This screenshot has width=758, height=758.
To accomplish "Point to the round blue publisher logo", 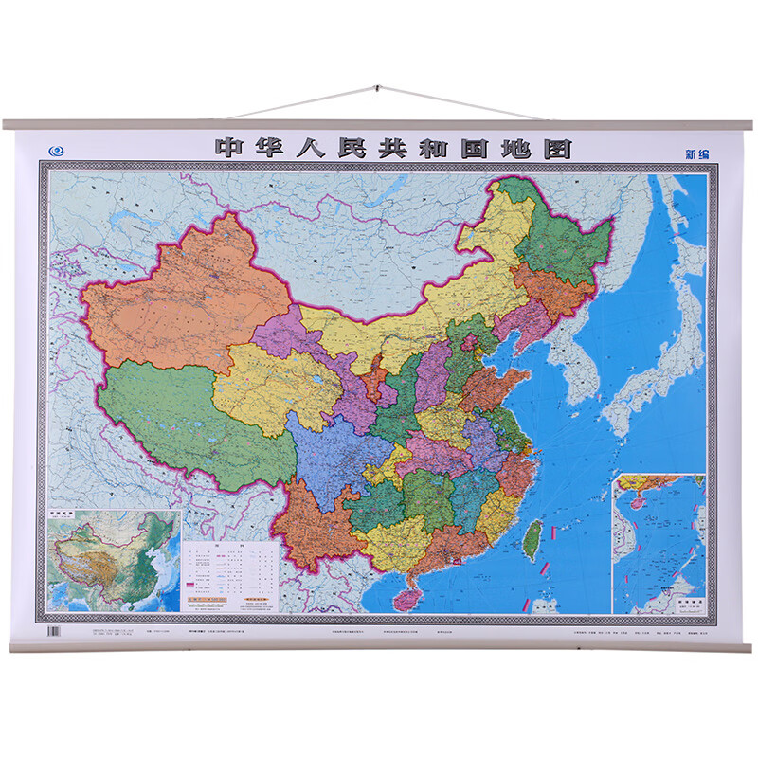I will click(56, 149).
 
